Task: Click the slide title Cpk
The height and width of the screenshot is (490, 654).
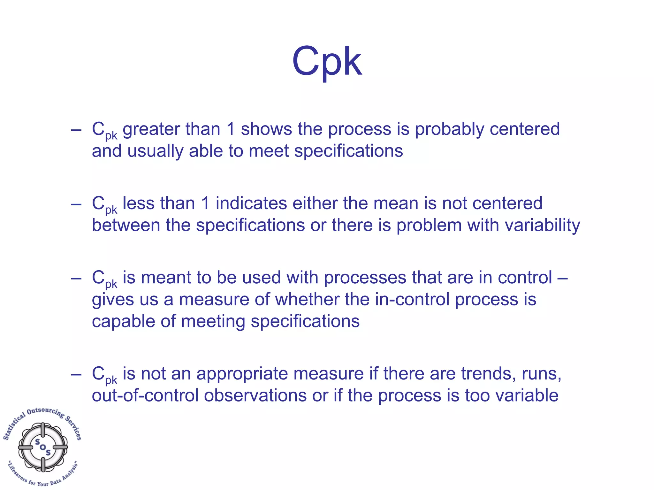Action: coord(327,61)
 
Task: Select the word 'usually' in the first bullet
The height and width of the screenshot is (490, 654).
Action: coord(155,151)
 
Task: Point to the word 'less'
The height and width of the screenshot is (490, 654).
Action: coord(138,203)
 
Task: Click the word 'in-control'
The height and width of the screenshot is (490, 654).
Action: coord(412,300)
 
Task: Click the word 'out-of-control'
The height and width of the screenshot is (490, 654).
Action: coord(145,395)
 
